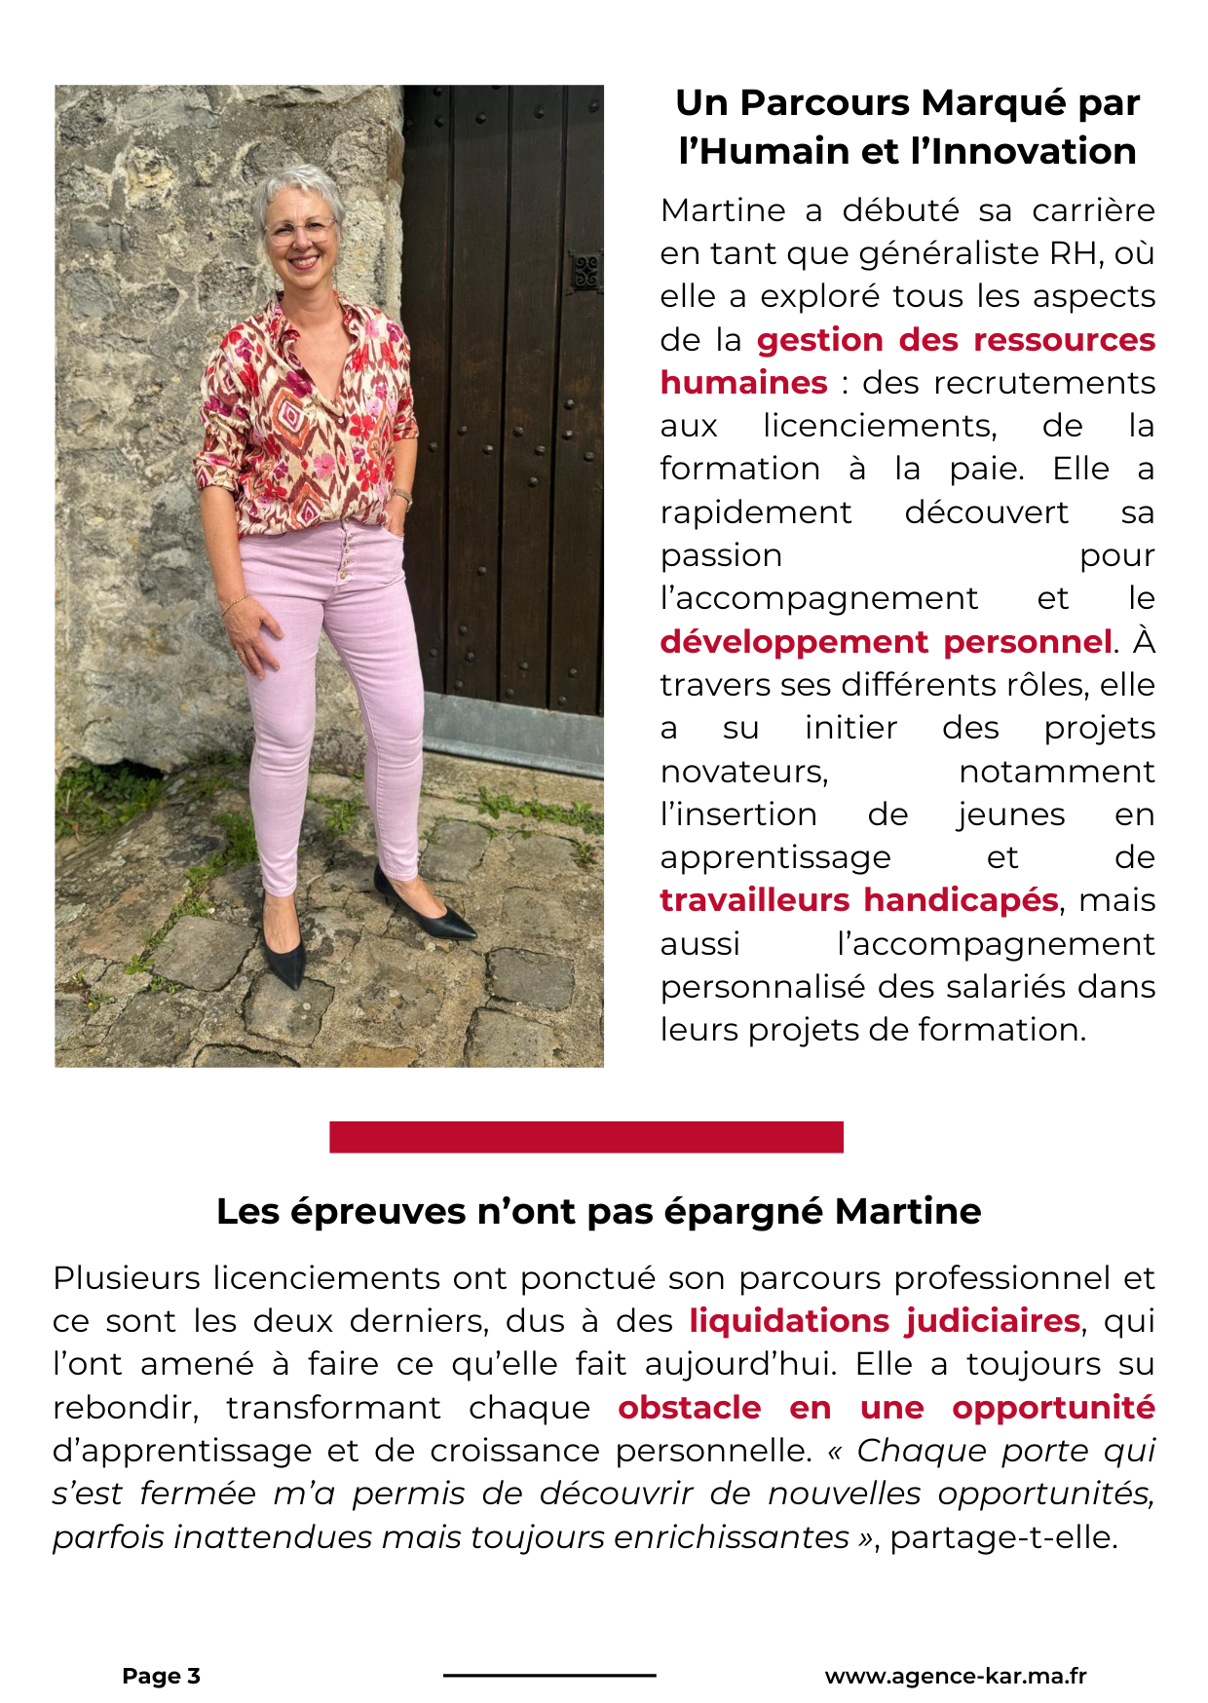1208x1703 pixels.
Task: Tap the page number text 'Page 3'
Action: [161, 1676]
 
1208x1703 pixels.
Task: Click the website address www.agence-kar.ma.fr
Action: [955, 1676]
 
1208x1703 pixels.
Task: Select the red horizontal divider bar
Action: [585, 1137]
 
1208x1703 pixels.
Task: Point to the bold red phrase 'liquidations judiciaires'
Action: [884, 1321]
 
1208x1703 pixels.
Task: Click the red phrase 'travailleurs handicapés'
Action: [858, 900]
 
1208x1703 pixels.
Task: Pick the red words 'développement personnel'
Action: [885, 642]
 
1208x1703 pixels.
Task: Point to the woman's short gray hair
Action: [297, 188]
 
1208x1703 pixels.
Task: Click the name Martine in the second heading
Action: [908, 1212]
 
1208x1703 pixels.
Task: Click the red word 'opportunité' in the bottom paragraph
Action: [1053, 1408]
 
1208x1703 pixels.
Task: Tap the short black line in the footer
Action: [549, 1676]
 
